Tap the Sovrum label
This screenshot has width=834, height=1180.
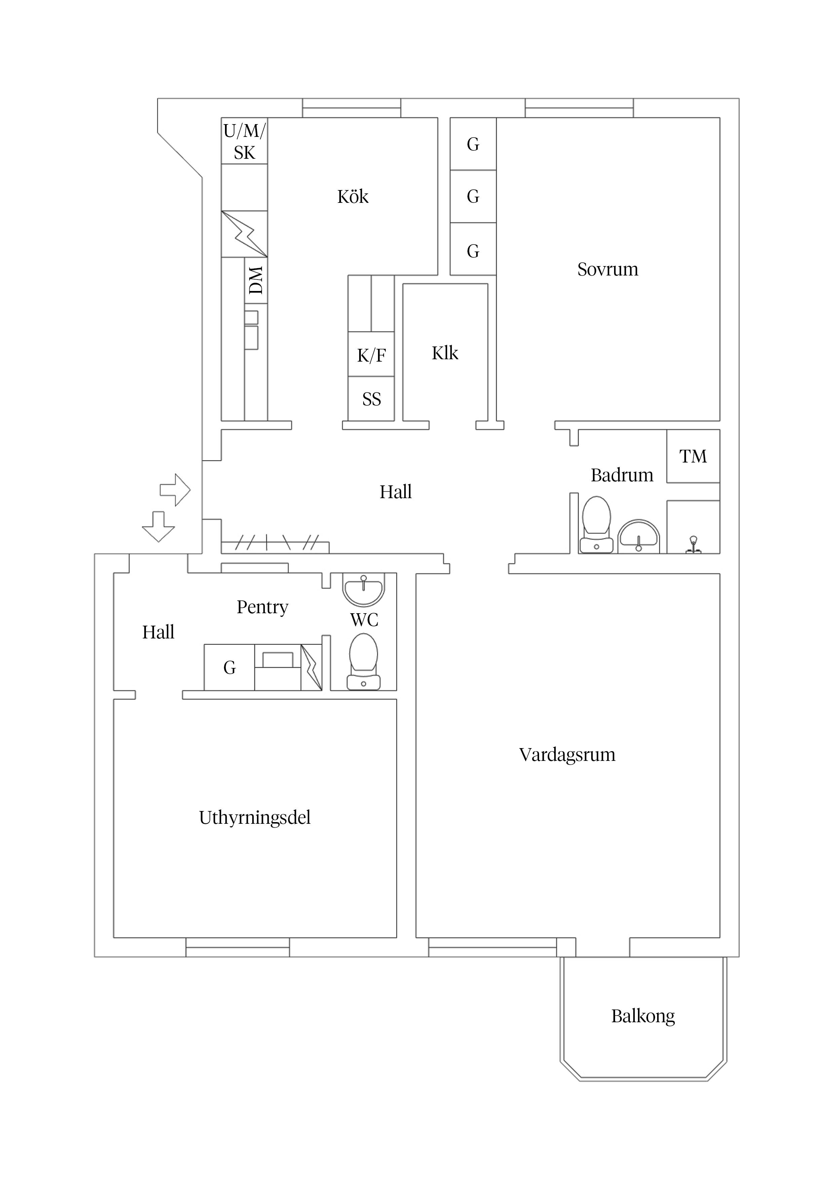[607, 269]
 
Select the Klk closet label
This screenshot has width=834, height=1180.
[445, 353]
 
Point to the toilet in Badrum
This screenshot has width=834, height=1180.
[596, 524]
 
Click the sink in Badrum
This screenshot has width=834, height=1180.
[638, 537]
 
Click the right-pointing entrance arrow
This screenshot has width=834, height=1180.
[175, 490]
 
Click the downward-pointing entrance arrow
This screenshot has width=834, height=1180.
[158, 526]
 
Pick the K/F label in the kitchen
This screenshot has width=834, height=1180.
[371, 355]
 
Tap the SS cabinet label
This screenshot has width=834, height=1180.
[371, 399]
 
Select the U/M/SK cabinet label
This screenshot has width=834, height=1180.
[244, 141]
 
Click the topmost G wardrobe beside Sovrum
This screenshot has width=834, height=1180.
[473, 144]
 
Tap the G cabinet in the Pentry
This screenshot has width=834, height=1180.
[229, 668]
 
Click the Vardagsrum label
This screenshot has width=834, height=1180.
[567, 754]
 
